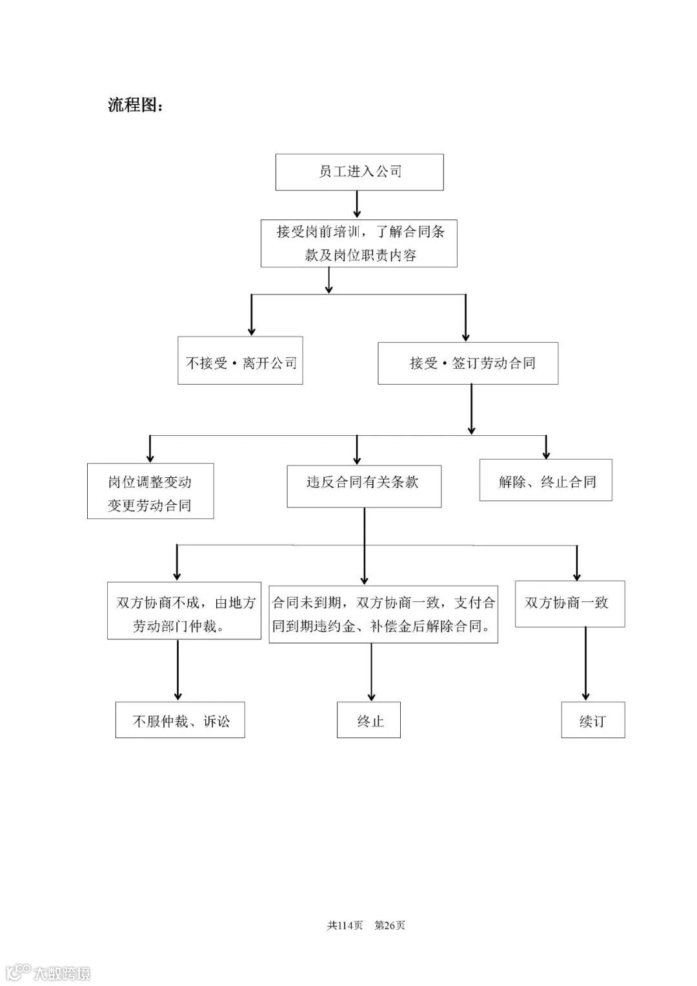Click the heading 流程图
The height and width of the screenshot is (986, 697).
pos(136,105)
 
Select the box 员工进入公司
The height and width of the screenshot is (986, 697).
pos(359,172)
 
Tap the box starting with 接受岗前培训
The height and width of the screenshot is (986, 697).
pos(359,243)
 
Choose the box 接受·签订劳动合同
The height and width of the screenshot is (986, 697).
pos(468,364)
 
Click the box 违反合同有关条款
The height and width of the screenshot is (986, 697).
pos(364,486)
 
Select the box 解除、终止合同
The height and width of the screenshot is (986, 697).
pos(545,480)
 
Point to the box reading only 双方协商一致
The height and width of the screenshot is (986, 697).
pos(569,604)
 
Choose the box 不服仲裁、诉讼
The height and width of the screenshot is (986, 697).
pos(180,720)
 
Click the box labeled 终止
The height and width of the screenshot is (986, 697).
pos(369,720)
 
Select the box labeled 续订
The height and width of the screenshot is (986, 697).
pos(592,720)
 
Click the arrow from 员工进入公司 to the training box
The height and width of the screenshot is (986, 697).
pos(357,205)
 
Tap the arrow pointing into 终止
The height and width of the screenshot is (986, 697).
pos(371,672)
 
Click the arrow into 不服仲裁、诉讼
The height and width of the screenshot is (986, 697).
pos(177,671)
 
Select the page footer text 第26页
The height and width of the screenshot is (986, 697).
pos(390,925)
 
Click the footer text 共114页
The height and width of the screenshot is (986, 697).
pos(345,925)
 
